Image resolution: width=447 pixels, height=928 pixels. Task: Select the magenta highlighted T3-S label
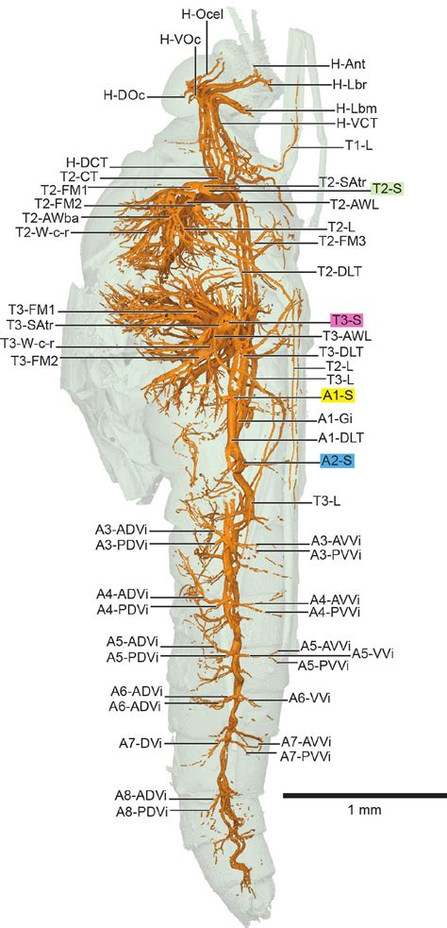[x=345, y=321]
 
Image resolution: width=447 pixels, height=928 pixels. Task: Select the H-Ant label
[x=347, y=64]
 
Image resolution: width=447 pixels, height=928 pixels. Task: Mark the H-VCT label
[x=355, y=124]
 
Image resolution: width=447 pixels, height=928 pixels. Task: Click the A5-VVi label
[x=372, y=652]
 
